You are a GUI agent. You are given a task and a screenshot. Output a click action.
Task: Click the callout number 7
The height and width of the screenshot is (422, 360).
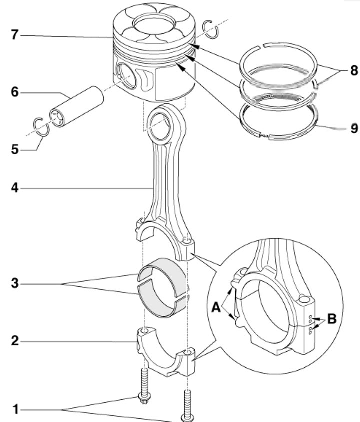tap(15, 35)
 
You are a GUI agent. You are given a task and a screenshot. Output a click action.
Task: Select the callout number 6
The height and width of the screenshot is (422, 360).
tap(15, 92)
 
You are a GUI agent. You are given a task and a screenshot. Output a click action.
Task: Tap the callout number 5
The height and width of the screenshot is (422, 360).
tap(15, 149)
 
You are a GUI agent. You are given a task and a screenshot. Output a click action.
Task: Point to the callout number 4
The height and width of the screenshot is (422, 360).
tap(15, 188)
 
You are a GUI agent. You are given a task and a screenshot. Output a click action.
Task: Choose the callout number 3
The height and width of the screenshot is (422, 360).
tap(15, 283)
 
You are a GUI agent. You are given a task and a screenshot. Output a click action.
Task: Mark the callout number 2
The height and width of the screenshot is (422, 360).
tap(15, 341)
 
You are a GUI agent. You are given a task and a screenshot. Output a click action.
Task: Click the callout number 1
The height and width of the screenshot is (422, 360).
tap(16, 409)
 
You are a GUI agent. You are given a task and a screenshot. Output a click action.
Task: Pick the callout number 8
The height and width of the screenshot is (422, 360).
tap(354, 70)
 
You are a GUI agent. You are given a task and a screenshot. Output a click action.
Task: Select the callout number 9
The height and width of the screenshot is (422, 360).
tap(354, 128)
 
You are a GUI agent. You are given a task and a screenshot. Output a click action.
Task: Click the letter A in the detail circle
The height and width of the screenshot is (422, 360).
tap(216, 307)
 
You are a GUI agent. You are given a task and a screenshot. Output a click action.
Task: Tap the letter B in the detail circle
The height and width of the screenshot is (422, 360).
tap(331, 319)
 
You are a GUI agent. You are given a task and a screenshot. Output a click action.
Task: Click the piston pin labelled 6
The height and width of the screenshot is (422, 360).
tap(76, 107)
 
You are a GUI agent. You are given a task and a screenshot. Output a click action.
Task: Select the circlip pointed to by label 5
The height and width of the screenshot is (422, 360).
tap(41, 126)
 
